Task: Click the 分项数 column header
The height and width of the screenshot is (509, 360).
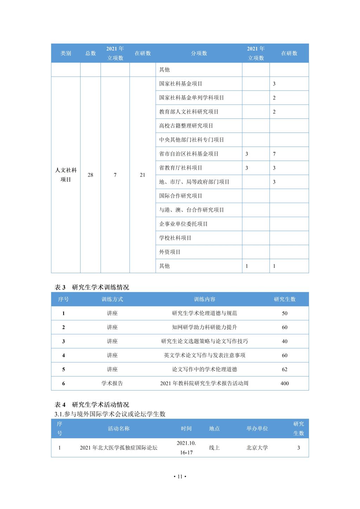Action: (x=199, y=53)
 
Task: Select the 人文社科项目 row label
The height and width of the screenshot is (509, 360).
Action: (x=66, y=175)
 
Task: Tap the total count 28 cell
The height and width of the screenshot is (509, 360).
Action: (x=90, y=175)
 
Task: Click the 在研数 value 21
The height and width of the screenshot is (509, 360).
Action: (x=142, y=175)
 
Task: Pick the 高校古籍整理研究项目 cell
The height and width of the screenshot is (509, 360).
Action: (x=186, y=126)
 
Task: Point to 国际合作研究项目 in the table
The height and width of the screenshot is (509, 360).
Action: (x=181, y=196)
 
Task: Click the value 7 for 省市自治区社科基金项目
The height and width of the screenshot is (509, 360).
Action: (x=274, y=154)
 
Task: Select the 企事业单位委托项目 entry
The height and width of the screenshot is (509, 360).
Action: (x=183, y=224)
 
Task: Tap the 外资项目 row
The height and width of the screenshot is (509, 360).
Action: (x=170, y=252)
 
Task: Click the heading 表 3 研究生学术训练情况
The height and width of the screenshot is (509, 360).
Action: (x=92, y=287)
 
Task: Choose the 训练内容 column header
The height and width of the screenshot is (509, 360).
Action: (x=205, y=299)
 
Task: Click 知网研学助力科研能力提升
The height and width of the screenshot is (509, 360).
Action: (x=205, y=327)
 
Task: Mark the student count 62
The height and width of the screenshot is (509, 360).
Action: (x=284, y=369)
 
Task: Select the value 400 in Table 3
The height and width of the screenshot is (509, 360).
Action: (x=284, y=384)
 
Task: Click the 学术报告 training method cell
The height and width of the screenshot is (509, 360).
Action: (x=112, y=384)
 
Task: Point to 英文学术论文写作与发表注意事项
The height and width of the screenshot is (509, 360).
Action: (x=205, y=355)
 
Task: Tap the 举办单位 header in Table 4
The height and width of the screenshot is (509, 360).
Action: (x=257, y=429)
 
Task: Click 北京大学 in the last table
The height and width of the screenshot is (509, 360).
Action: (x=257, y=448)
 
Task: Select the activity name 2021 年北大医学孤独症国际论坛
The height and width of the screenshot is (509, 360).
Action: (x=118, y=448)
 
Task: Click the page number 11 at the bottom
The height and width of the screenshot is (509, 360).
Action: (x=180, y=477)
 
